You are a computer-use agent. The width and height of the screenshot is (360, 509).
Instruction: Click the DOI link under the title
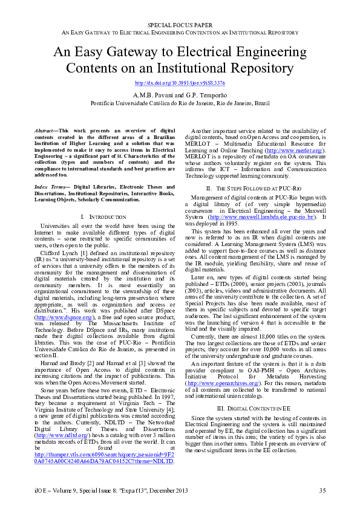[x=180, y=82]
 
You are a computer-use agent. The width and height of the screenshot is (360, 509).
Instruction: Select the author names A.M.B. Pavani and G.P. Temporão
[x=180, y=95]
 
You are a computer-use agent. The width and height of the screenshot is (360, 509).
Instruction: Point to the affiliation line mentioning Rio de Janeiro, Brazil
[x=180, y=103]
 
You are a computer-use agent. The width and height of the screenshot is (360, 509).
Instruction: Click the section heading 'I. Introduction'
[x=103, y=216]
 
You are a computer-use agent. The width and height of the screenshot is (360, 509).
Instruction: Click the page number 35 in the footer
[x=322, y=490]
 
